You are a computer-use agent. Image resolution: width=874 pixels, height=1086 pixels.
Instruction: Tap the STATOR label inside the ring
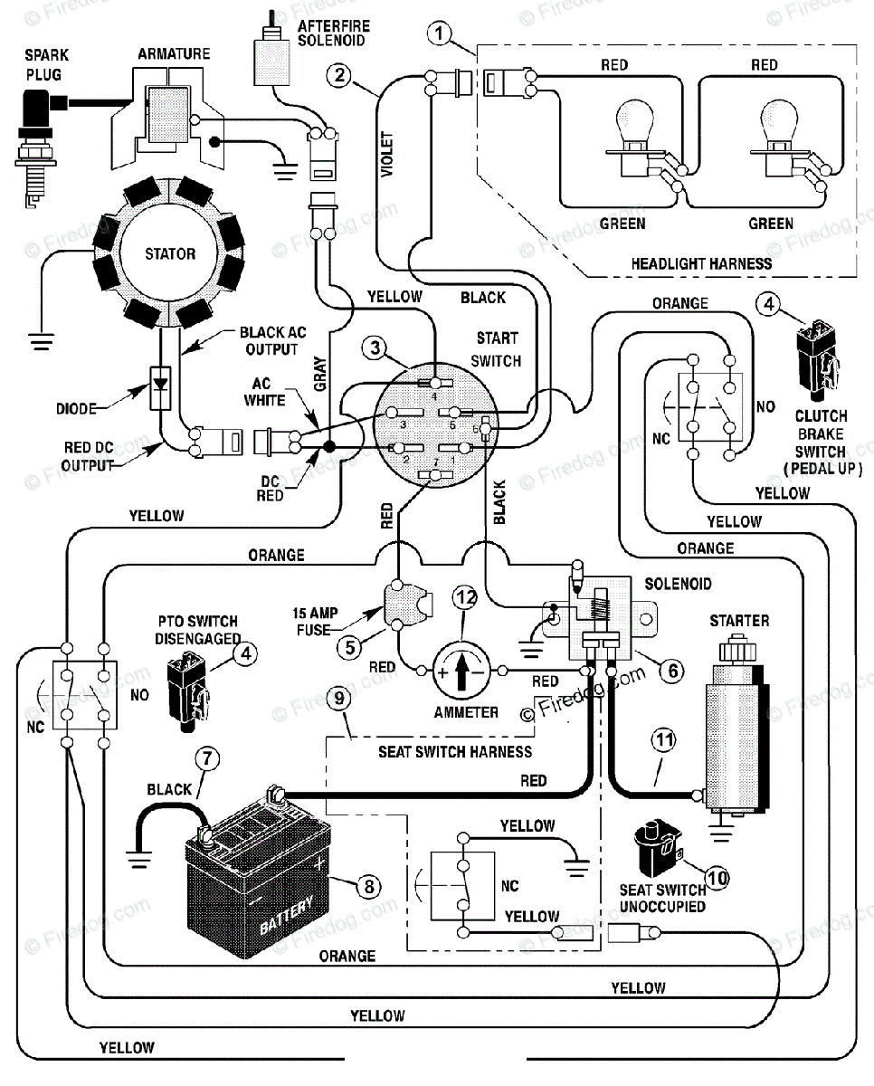(170, 253)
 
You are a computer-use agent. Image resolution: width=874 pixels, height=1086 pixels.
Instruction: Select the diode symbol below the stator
(160, 388)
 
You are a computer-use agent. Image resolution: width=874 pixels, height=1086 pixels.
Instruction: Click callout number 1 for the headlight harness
(439, 33)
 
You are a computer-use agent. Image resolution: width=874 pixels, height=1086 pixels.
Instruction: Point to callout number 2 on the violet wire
(339, 76)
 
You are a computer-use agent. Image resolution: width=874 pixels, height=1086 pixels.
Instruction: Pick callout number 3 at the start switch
(375, 348)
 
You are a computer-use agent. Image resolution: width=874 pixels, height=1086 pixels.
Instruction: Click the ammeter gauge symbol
(461, 672)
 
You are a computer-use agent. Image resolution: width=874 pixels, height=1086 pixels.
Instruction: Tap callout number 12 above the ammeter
(465, 598)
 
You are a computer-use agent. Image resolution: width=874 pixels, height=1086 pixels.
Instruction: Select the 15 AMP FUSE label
(315, 621)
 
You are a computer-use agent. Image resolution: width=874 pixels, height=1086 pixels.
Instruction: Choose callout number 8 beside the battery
(369, 887)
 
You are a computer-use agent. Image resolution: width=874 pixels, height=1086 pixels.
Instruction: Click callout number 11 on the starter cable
(663, 740)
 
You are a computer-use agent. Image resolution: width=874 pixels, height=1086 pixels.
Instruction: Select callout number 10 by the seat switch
(717, 879)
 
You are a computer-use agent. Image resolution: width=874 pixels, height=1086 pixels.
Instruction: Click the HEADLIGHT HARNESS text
(701, 263)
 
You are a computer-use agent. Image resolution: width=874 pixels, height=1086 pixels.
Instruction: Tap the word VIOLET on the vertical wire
(387, 154)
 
